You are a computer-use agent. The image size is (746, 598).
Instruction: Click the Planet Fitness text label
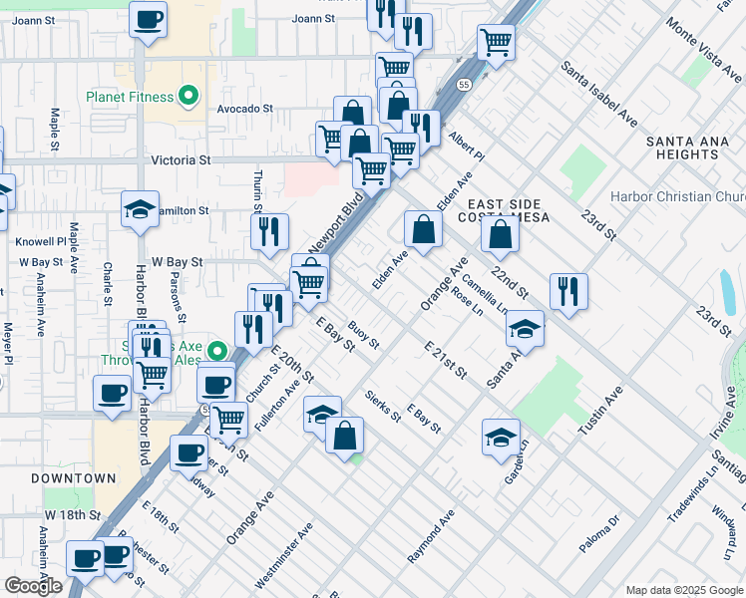(x=129, y=98)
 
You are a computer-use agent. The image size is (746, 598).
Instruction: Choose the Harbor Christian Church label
(x=677, y=197)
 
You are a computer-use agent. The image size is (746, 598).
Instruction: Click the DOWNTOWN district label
(x=73, y=478)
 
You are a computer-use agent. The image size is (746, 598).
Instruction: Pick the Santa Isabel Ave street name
(x=599, y=94)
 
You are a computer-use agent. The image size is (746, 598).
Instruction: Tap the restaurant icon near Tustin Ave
(x=568, y=291)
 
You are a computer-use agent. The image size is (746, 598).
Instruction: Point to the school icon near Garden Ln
(x=501, y=437)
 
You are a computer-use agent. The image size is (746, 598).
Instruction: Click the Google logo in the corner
(x=33, y=586)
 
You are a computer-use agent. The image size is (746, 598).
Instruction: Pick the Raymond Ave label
(x=431, y=537)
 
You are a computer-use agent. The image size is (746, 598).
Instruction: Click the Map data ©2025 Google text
(x=683, y=590)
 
